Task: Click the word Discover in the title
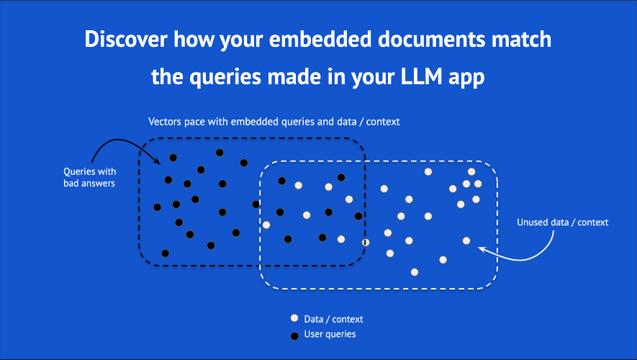pyautogui.click(x=126, y=40)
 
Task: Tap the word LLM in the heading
pyautogui.click(x=421, y=76)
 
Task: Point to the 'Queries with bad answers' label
pyautogui.click(x=89, y=177)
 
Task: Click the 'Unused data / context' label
pyautogui.click(x=562, y=222)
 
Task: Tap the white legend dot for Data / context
pyautogui.click(x=294, y=318)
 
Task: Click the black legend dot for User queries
pyautogui.click(x=294, y=336)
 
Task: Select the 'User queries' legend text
pyautogui.click(x=330, y=334)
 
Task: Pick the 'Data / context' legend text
pyautogui.click(x=333, y=319)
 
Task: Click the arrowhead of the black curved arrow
pyautogui.click(x=157, y=161)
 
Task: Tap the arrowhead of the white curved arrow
pyautogui.click(x=482, y=249)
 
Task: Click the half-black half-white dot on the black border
pyautogui.click(x=366, y=242)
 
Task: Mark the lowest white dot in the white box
pyautogui.click(x=415, y=272)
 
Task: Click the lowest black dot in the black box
pyautogui.click(x=165, y=253)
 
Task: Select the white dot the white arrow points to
pyautogui.click(x=466, y=240)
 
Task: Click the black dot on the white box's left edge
pyautogui.click(x=256, y=204)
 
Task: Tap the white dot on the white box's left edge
pyautogui.click(x=266, y=225)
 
